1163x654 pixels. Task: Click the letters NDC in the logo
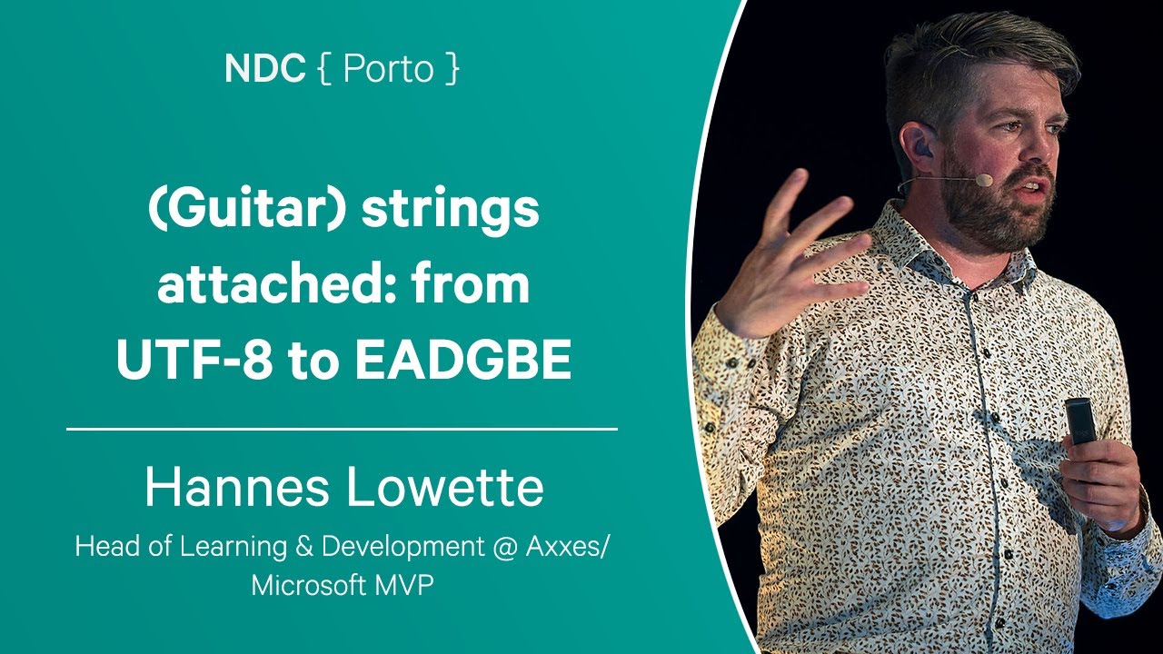[264, 68]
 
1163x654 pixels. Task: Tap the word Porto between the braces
[388, 68]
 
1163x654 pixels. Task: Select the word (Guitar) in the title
[246, 210]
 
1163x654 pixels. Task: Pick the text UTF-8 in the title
[194, 359]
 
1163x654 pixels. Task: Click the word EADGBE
[463, 359]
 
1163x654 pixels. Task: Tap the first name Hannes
[237, 487]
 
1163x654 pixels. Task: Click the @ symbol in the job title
[504, 547]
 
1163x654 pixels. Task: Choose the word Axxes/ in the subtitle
[566, 547]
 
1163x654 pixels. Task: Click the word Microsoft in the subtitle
[308, 586]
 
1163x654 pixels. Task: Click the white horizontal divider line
[343, 430]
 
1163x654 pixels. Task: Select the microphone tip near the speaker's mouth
[983, 180]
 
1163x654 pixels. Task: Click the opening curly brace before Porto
[324, 69]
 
